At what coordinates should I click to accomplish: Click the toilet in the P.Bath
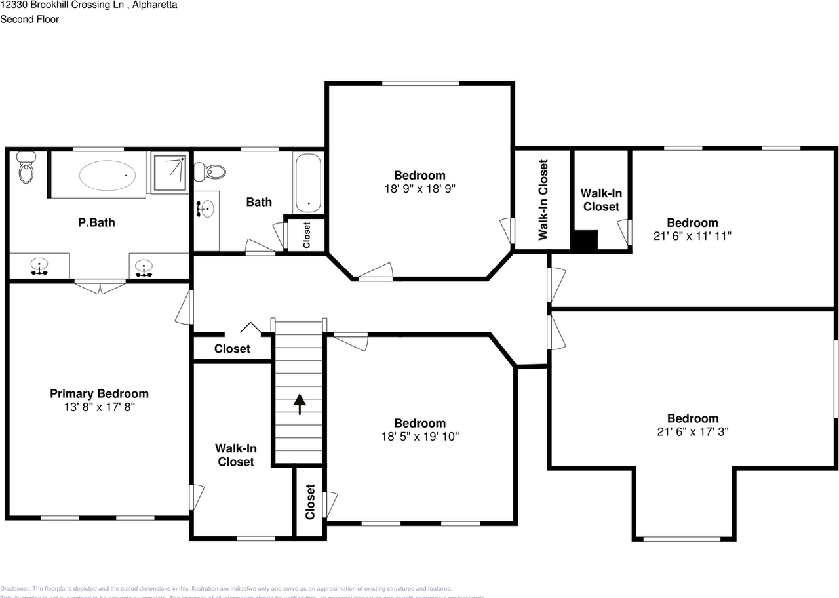tap(26, 168)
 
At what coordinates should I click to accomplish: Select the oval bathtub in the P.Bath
tap(107, 175)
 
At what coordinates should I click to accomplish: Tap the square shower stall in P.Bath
tap(170, 172)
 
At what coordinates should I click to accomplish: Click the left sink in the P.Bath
tap(39, 266)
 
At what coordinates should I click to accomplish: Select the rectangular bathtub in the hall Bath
tap(307, 183)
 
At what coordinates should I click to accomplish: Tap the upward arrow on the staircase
tap(300, 404)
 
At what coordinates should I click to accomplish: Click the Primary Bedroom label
tap(99, 393)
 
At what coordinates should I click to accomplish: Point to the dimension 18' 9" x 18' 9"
tap(419, 188)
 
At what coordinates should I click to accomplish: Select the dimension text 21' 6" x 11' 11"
tap(692, 235)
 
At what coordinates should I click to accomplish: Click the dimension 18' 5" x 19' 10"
tap(419, 436)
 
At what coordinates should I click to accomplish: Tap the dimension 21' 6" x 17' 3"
tap(692, 431)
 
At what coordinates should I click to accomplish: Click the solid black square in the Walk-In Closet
tap(584, 240)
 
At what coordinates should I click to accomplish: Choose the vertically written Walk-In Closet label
tap(543, 199)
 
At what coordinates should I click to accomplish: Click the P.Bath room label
tap(96, 222)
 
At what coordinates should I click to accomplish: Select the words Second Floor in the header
tap(29, 19)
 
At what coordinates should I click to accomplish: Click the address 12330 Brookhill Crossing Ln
tap(60, 5)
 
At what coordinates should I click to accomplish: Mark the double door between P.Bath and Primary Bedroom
tap(100, 287)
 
